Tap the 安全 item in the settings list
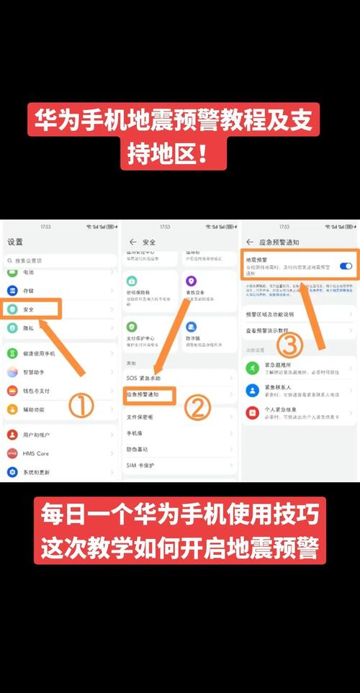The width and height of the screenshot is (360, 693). pyautogui.click(x=29, y=309)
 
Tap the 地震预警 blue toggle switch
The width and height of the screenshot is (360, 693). pyautogui.click(x=346, y=266)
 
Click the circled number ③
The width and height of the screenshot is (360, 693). pyautogui.click(x=289, y=345)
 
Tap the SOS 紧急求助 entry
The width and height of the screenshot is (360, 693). pyautogui.click(x=144, y=378)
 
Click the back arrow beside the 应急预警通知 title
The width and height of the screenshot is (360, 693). pyautogui.click(x=250, y=242)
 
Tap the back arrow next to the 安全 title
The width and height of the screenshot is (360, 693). pyautogui.click(x=132, y=242)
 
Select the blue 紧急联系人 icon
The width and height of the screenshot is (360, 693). pyautogui.click(x=252, y=390)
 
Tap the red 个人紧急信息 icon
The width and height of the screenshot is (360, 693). pyautogui.click(x=252, y=412)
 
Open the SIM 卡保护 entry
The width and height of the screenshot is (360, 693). pyautogui.click(x=141, y=465)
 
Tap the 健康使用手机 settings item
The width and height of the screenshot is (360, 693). pyautogui.click(x=40, y=353)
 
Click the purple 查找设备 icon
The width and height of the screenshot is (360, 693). pyautogui.click(x=191, y=281)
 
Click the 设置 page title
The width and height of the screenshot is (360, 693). pyautogui.click(x=14, y=242)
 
